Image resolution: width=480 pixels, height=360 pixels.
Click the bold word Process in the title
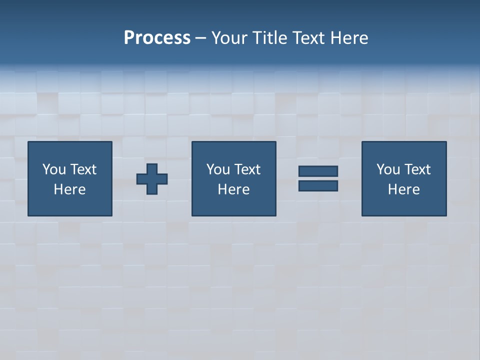pyautogui.click(x=157, y=38)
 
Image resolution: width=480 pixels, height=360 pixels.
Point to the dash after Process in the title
pyautogui.click(x=201, y=38)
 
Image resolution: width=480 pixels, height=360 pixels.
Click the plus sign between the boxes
pyautogui.click(x=152, y=178)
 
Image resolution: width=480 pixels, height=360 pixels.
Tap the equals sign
pyautogui.click(x=318, y=178)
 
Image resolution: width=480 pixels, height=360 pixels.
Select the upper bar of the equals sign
pyautogui.click(x=318, y=171)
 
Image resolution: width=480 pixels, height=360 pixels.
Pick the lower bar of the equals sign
pyautogui.click(x=318, y=185)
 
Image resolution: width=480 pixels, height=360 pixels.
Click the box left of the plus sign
pyautogui.click(x=70, y=178)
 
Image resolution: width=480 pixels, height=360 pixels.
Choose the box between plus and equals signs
pyautogui.click(x=233, y=178)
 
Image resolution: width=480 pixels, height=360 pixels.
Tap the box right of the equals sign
pyautogui.click(x=403, y=178)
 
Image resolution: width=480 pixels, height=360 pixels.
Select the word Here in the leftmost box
pyautogui.click(x=70, y=189)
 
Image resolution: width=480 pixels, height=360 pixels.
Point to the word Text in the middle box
pyautogui.click(x=247, y=169)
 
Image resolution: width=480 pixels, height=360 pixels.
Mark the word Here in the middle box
pyautogui.click(x=233, y=189)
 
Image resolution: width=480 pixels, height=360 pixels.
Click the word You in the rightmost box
pyautogui.click(x=388, y=169)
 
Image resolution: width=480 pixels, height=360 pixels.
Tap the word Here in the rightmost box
pyautogui.click(x=403, y=189)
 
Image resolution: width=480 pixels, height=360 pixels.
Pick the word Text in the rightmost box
pyautogui.click(x=417, y=169)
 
